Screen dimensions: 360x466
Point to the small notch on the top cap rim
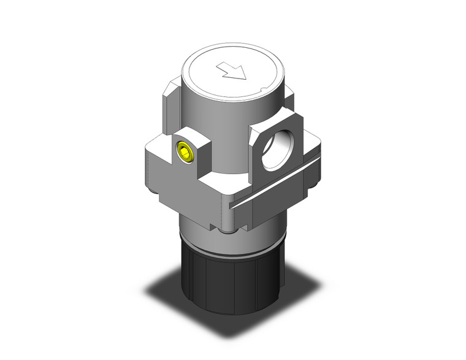(262, 92)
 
